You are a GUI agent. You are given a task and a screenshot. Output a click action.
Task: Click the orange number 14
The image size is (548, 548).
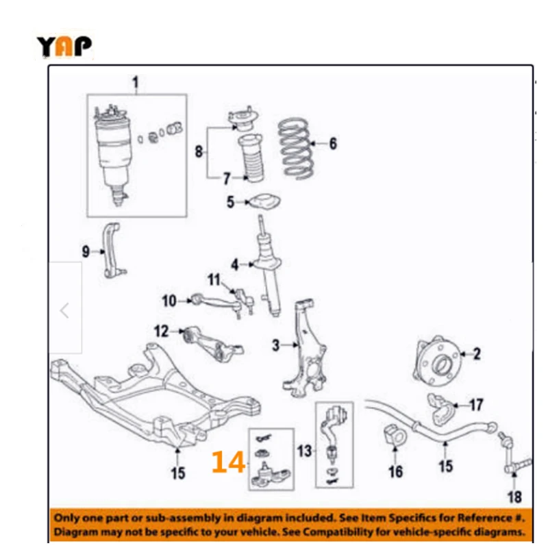click(x=228, y=462)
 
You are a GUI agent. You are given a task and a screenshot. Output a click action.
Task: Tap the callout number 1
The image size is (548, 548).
click(x=135, y=84)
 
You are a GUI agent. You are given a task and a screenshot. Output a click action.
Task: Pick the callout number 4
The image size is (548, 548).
click(x=234, y=264)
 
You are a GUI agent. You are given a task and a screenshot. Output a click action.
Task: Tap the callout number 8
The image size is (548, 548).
click(x=199, y=151)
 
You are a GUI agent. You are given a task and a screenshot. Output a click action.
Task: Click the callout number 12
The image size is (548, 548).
click(x=161, y=332)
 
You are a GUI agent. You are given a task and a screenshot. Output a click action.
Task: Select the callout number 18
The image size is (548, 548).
click(x=514, y=497)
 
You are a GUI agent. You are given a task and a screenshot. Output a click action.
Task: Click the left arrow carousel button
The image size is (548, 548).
click(x=65, y=312)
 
